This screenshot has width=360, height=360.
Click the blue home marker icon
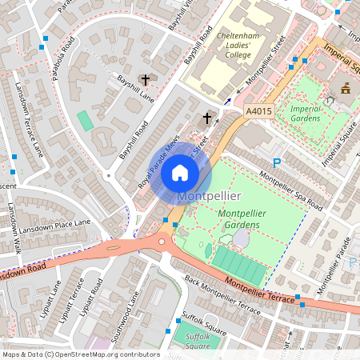(180, 173)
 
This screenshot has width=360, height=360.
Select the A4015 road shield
(258, 112)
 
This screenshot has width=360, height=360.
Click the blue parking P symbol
(277, 163)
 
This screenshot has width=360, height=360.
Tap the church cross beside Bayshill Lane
(145, 80)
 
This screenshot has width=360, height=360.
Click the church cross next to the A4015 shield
(206, 118)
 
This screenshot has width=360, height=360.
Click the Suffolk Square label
(197, 342)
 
